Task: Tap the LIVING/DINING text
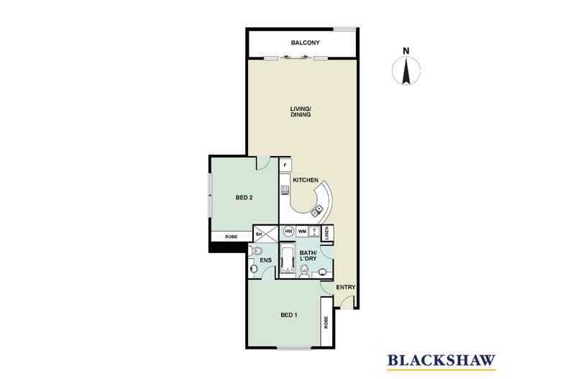(301, 112)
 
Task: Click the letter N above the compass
(406, 51)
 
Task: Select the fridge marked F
(285, 165)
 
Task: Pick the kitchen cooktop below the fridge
(285, 190)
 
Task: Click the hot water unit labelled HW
(288, 232)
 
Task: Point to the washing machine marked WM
(301, 232)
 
